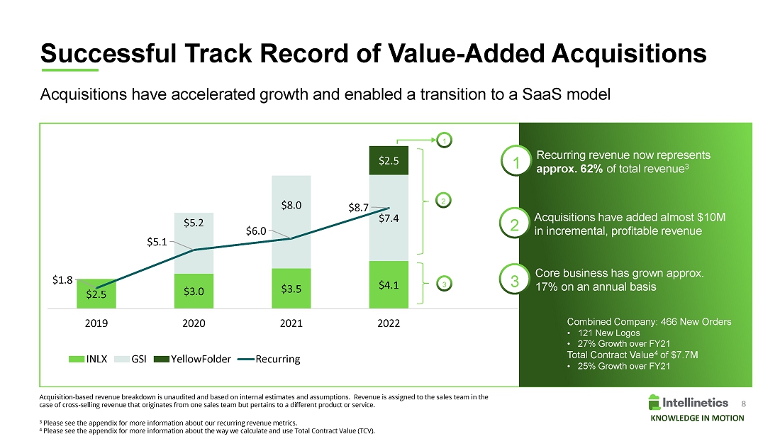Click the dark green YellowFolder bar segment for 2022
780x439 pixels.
point(388,161)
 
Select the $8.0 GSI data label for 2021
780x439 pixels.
point(291,206)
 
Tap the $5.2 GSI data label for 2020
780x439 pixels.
point(194,223)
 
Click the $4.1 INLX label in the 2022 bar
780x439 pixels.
point(388,286)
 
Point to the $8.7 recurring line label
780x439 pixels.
point(358,208)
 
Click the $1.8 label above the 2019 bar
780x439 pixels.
point(62,280)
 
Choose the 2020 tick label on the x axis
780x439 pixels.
point(194,323)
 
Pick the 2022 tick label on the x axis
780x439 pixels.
point(389,323)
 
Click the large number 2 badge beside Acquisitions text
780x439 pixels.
point(516,224)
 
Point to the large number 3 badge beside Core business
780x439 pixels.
point(516,280)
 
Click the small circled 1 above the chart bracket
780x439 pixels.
point(444,141)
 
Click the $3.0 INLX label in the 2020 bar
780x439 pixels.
point(194,291)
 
